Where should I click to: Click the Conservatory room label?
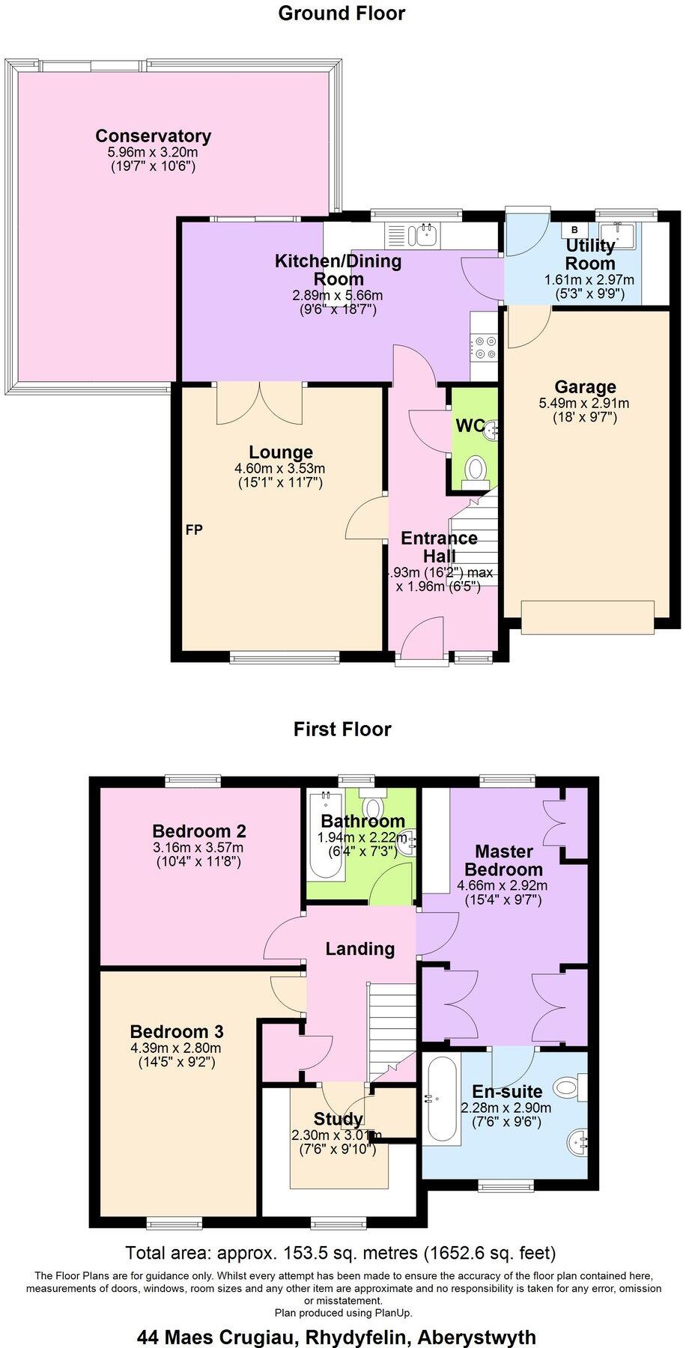pos(153,136)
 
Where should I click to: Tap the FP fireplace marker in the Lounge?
pos(194,529)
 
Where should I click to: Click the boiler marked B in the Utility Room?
pos(575,229)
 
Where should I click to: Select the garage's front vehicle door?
pos(587,617)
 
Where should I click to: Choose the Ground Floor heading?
pos(342,13)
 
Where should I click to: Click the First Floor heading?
pos(342,729)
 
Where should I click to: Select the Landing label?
pos(359,949)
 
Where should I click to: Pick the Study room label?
pos(339,1119)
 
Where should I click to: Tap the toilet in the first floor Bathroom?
pos(372,807)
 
